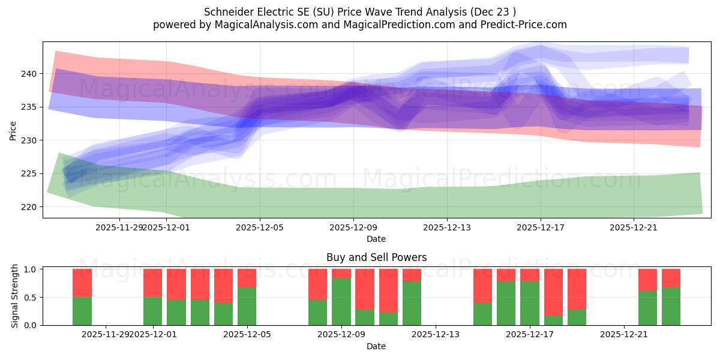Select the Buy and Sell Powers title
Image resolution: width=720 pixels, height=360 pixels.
pos(376,257)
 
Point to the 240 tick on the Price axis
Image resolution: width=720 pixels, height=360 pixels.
pos(30,74)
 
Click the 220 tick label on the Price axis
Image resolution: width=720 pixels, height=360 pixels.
pos(30,207)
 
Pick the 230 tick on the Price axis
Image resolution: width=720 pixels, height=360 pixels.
pos(30,140)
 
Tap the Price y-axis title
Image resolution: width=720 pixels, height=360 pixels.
pos(13,130)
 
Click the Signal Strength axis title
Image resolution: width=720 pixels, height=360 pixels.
pos(15,297)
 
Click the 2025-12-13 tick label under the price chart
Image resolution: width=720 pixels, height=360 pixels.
pos(447,227)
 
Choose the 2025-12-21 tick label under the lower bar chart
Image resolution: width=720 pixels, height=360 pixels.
pos(625,334)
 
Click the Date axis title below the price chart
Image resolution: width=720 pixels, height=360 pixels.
pos(376,239)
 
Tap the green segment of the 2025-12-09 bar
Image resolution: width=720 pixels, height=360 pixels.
pos(341,302)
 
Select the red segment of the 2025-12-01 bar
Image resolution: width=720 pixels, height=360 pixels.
pos(152,283)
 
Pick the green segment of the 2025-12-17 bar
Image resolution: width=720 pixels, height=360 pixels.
pos(530,303)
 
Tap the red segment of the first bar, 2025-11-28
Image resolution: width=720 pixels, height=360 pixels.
pos(82,283)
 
